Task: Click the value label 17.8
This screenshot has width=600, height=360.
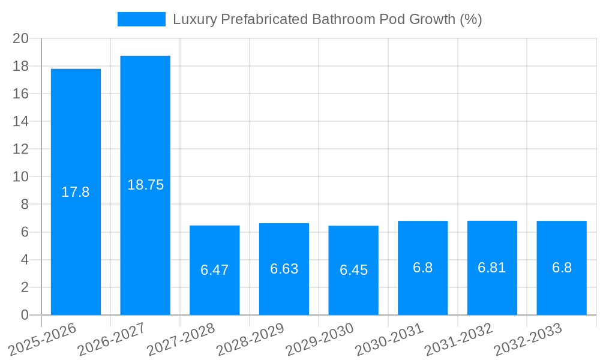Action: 76,192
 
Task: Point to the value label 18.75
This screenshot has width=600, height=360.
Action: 145,185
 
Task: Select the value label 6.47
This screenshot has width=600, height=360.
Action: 215,270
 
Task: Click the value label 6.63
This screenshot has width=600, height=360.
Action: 284,269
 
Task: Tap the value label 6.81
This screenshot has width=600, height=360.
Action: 492,268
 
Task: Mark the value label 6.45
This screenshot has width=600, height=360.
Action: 353,270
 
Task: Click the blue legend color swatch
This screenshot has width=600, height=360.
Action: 142,19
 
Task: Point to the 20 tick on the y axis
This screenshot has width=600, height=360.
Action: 21,38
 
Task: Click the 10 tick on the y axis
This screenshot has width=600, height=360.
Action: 21,176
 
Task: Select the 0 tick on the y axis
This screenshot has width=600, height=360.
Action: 25,315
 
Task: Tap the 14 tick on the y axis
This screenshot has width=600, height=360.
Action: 21,121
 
